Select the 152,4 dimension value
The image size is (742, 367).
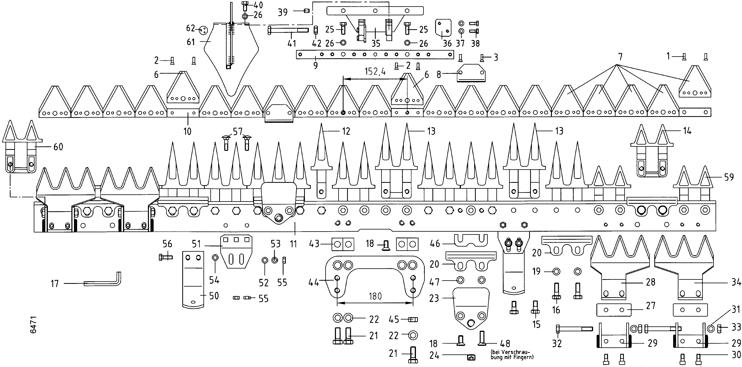pos(375,71)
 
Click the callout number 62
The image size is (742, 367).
pos(191,28)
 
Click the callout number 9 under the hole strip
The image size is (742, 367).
pos(316,65)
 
